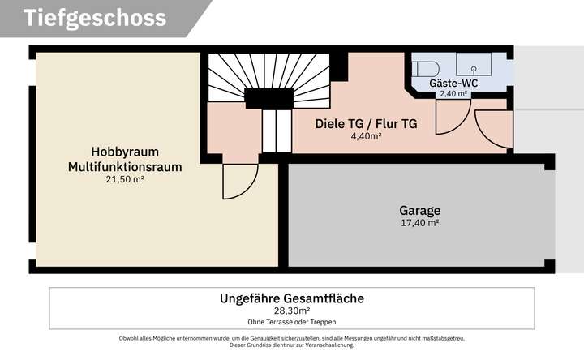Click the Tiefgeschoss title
pos(95,18)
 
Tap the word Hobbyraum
pos(124,152)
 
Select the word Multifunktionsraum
pos(124,167)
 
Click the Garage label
pos(419,209)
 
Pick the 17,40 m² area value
pos(419,223)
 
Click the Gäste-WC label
pos(453,83)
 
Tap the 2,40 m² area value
pos(453,94)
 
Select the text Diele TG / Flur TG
pos(366,124)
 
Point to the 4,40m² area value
pos(366,136)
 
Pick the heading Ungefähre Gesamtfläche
pos(292,298)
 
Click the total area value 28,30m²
pos(292,311)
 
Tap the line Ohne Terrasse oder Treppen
pos(292,321)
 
